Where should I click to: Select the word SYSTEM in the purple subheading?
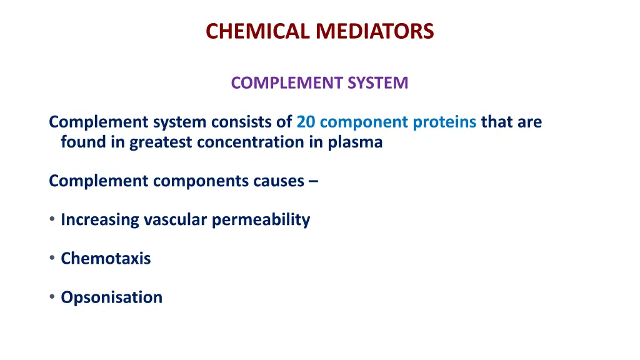(377, 82)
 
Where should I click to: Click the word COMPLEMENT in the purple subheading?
(287, 82)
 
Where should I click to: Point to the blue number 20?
(306, 122)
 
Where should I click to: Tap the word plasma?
(354, 142)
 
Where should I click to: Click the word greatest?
(161, 142)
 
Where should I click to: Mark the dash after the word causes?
(312, 181)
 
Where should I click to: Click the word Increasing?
(100, 220)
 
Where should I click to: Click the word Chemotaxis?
(106, 258)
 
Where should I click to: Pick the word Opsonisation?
(111, 297)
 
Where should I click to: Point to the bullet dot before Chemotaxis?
(52, 258)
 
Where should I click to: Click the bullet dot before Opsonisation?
(52, 297)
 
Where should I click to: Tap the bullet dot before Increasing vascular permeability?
(52, 219)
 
